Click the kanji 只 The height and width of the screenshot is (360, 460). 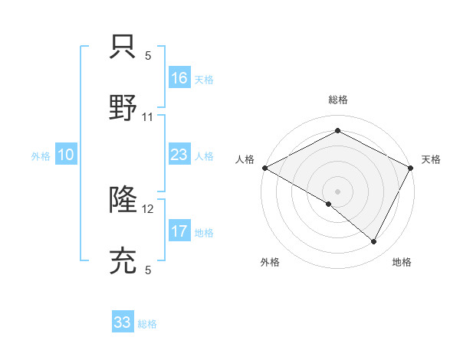[123, 47]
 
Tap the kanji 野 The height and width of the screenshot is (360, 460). [123, 107]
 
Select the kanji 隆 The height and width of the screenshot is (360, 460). [123, 201]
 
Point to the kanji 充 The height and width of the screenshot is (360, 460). [123, 260]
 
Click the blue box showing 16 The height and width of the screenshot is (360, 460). [179, 78]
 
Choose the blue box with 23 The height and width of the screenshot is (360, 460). [179, 155]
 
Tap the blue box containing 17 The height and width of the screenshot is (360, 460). [179, 231]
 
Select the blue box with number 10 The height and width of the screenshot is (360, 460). [66, 155]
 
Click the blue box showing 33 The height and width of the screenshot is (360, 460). [123, 322]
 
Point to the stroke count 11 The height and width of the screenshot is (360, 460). [148, 117]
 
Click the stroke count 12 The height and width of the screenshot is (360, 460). [149, 209]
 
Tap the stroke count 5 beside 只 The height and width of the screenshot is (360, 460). [148, 56]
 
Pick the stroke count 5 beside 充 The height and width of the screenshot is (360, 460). [148, 270]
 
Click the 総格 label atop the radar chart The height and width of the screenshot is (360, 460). [338, 100]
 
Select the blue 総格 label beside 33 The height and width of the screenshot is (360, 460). [147, 324]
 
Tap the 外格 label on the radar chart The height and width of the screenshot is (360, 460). [270, 262]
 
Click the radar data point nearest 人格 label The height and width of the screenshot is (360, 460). [264, 168]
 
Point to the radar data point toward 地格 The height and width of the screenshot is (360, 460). [374, 241]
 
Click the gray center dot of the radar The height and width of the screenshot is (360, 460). [338, 191]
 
